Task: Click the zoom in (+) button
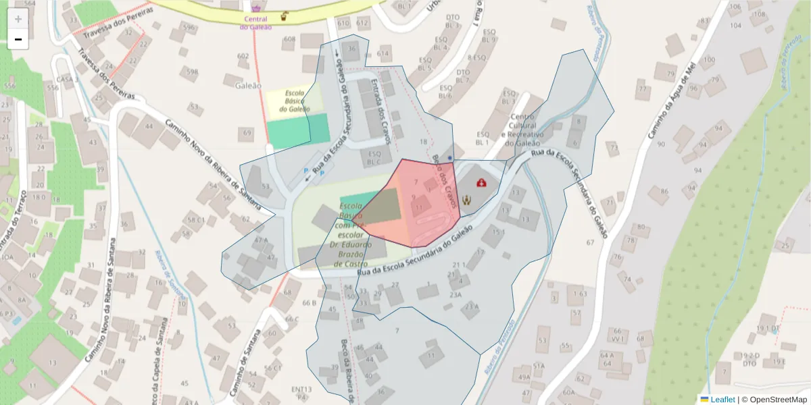point(18,19)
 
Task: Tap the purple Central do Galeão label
point(256,23)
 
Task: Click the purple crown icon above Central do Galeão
point(256,8)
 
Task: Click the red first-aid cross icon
point(481,182)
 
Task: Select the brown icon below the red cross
point(466,200)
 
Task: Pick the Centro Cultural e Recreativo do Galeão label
point(519,130)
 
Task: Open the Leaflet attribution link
point(722,400)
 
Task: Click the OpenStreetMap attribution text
point(775,400)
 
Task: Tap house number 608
point(289,39)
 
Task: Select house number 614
point(384,53)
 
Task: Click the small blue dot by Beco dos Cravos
point(449,157)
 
